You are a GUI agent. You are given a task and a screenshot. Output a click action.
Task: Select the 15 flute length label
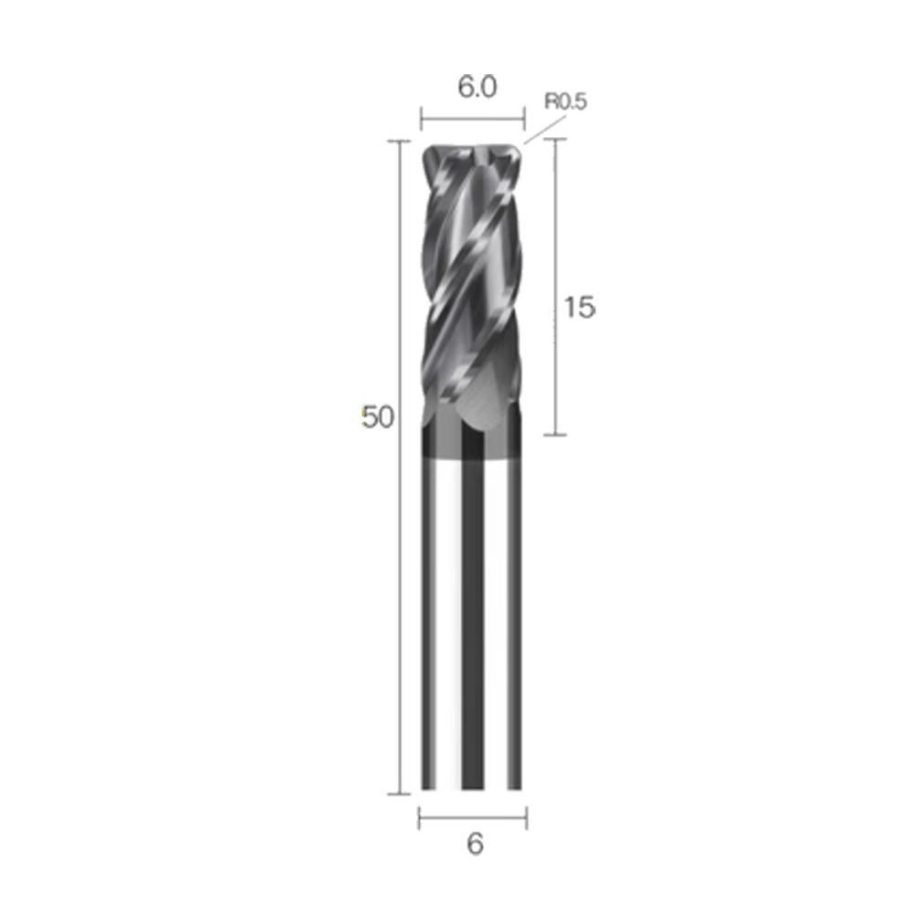point(579,308)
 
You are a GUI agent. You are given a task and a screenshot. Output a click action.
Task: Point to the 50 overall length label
point(377,417)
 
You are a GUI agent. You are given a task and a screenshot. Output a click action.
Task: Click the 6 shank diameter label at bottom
point(475,844)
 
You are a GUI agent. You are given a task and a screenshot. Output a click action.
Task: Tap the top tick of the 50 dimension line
point(396,142)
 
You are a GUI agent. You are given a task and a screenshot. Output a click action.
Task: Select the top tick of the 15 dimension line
point(557,140)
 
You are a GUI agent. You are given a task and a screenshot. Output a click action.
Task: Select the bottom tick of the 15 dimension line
point(557,435)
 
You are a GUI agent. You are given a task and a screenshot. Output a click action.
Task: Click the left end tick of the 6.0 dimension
point(420,118)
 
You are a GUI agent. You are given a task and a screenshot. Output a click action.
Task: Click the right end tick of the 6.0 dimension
point(525,118)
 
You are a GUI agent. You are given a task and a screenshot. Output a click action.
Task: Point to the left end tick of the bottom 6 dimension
point(418,818)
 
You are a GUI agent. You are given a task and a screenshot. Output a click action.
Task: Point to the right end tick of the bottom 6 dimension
point(528,818)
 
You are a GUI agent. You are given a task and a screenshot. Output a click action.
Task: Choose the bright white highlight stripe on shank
point(447,621)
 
